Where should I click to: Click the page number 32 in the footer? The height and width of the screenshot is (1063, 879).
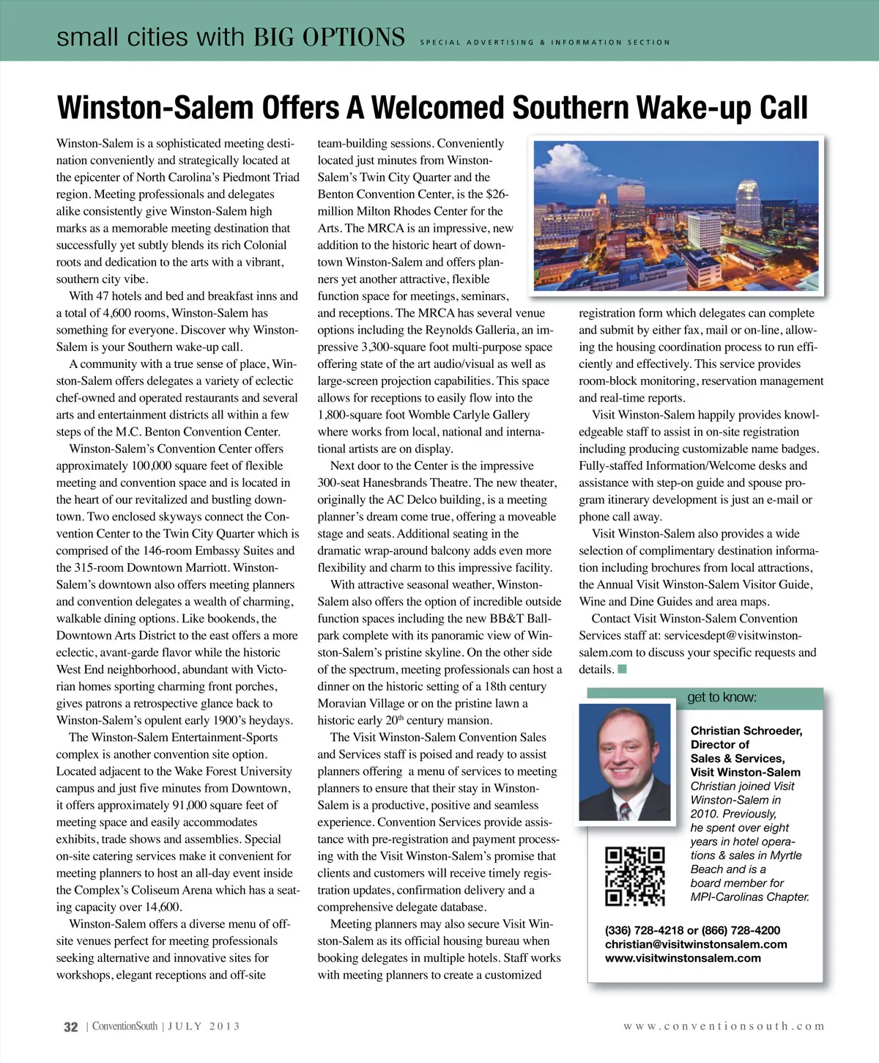click(x=70, y=1027)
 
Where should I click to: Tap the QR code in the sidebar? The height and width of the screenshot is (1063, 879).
click(x=634, y=876)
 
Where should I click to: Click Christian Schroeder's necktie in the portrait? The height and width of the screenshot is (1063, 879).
click(x=624, y=809)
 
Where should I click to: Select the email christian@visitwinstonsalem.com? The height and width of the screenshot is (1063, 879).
click(x=696, y=944)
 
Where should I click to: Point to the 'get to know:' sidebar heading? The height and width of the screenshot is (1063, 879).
click(x=722, y=697)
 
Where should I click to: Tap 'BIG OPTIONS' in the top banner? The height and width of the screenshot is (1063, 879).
click(x=329, y=37)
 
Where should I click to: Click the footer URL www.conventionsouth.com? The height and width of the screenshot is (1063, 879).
click(x=724, y=1026)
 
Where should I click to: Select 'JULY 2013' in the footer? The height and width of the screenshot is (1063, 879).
click(x=204, y=1026)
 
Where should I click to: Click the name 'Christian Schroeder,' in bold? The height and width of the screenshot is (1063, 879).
click(x=746, y=731)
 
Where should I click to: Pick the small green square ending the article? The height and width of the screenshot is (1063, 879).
click(x=622, y=669)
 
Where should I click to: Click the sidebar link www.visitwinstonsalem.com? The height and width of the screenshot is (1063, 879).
click(x=683, y=958)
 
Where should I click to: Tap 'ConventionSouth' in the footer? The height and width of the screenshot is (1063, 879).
click(x=125, y=1026)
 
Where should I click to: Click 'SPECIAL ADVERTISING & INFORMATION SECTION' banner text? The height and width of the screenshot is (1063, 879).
click(x=544, y=43)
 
